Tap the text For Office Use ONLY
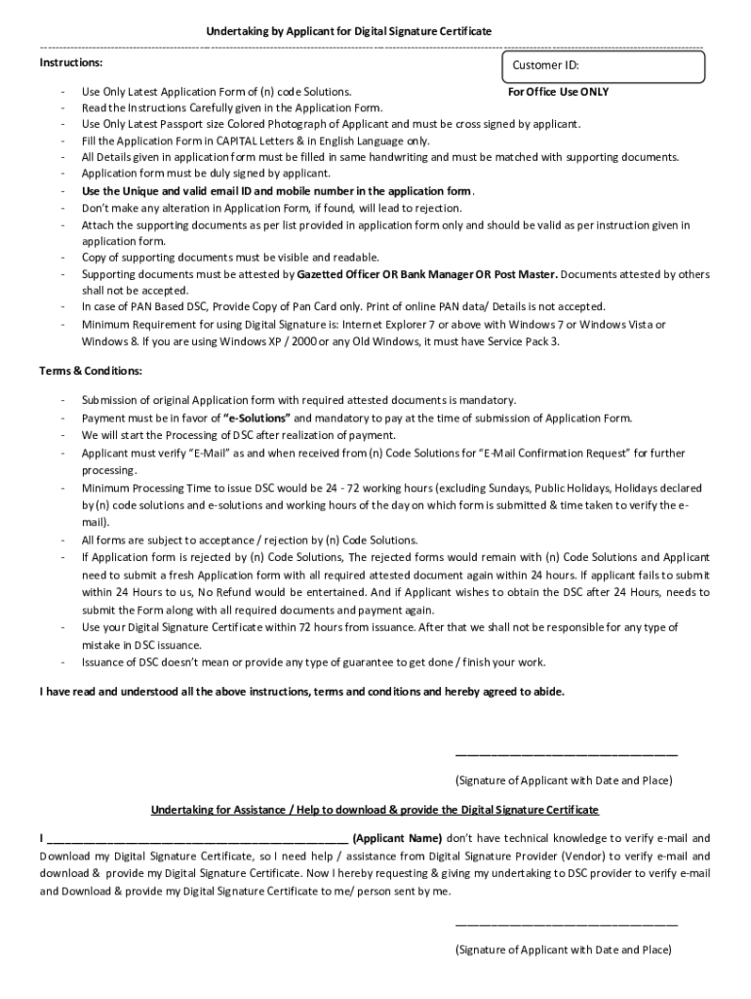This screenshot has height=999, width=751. coord(559,92)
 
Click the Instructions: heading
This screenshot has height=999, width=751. coord(70,62)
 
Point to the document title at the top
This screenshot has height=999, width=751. coord(348,32)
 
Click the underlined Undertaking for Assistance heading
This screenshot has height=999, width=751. coord(375,810)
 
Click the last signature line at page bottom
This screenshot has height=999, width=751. coord(566,923)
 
